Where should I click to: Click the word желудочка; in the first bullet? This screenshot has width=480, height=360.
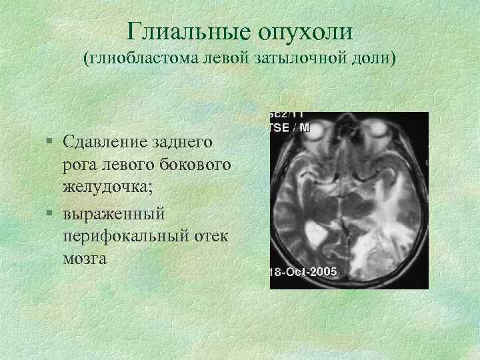click(108, 185)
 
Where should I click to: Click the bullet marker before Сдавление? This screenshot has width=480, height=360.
click(51, 141)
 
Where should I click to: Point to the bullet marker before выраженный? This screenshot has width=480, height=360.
click(51, 215)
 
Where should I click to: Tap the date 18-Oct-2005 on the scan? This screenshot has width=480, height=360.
click(303, 272)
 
